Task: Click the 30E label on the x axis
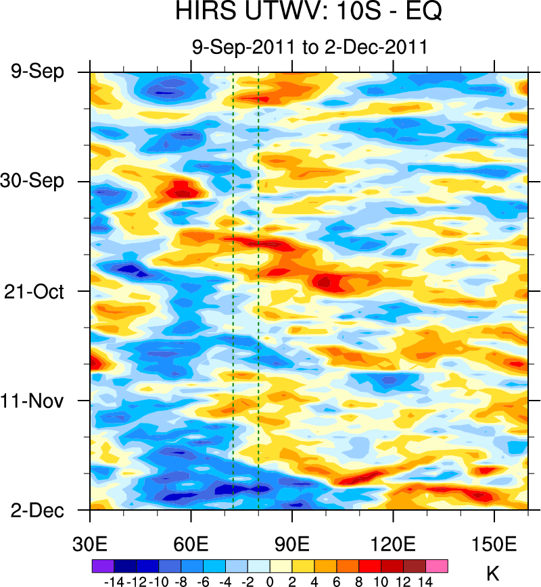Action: (90, 544)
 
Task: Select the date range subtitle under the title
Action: (309, 47)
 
